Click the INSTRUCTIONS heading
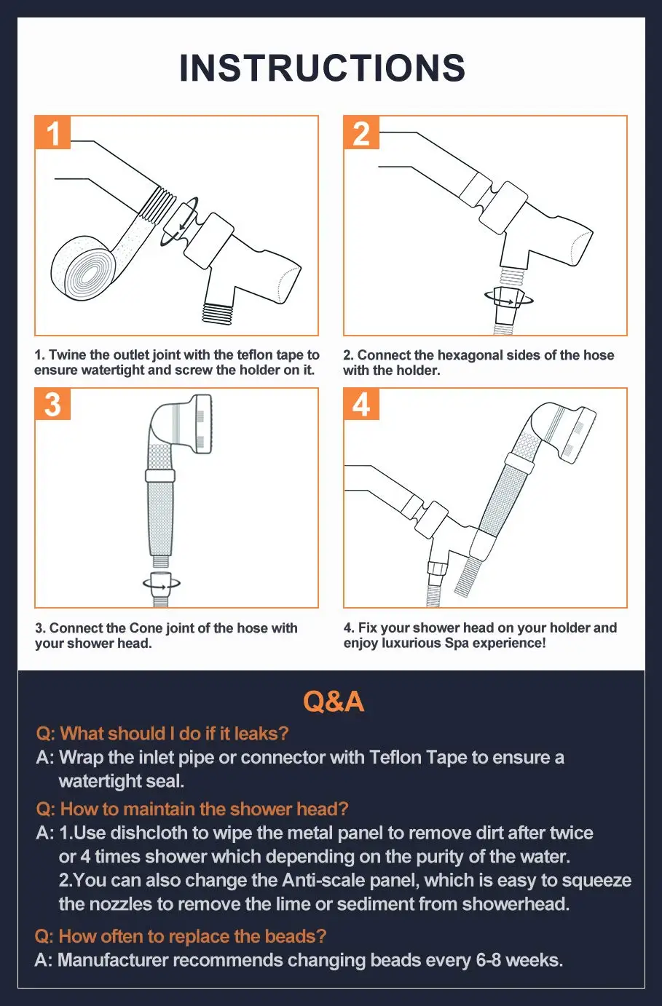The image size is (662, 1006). pos(322,68)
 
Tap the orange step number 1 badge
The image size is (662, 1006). pos(52,132)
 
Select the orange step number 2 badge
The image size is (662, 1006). pos(361,132)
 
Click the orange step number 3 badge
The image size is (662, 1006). pos(52,404)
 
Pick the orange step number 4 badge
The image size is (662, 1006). pos(361,404)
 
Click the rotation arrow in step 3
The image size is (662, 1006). pos(162,583)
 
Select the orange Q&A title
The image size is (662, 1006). pos(334,701)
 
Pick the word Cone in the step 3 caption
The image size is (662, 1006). pos(146,628)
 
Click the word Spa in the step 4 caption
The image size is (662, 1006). pos(457,643)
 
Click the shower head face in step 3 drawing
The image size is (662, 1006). pos(202,424)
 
